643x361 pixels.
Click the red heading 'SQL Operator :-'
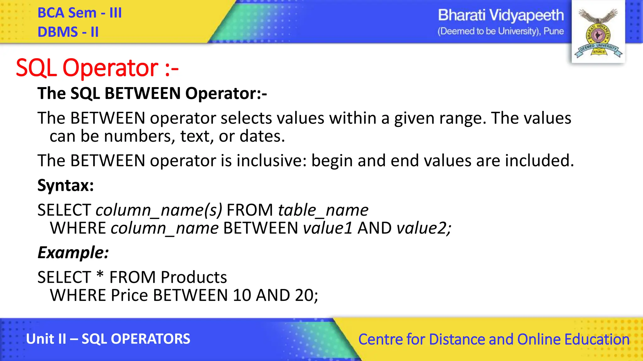click(97, 68)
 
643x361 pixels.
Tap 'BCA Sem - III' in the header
click(79, 13)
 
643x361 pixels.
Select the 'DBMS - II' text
click(68, 32)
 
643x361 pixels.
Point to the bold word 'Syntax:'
click(66, 185)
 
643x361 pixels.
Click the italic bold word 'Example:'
click(73, 253)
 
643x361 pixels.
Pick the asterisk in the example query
click(100, 275)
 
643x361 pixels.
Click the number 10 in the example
click(242, 295)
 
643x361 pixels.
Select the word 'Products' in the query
click(194, 277)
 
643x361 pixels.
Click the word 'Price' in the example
click(129, 295)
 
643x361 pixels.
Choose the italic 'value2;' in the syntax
click(424, 228)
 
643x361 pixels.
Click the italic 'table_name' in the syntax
click(323, 210)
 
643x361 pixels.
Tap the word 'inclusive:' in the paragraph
click(271, 161)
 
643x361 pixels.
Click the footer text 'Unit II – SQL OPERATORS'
click(108, 339)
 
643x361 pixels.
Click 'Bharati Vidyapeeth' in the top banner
click(500, 15)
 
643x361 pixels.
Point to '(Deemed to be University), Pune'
click(500, 31)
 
